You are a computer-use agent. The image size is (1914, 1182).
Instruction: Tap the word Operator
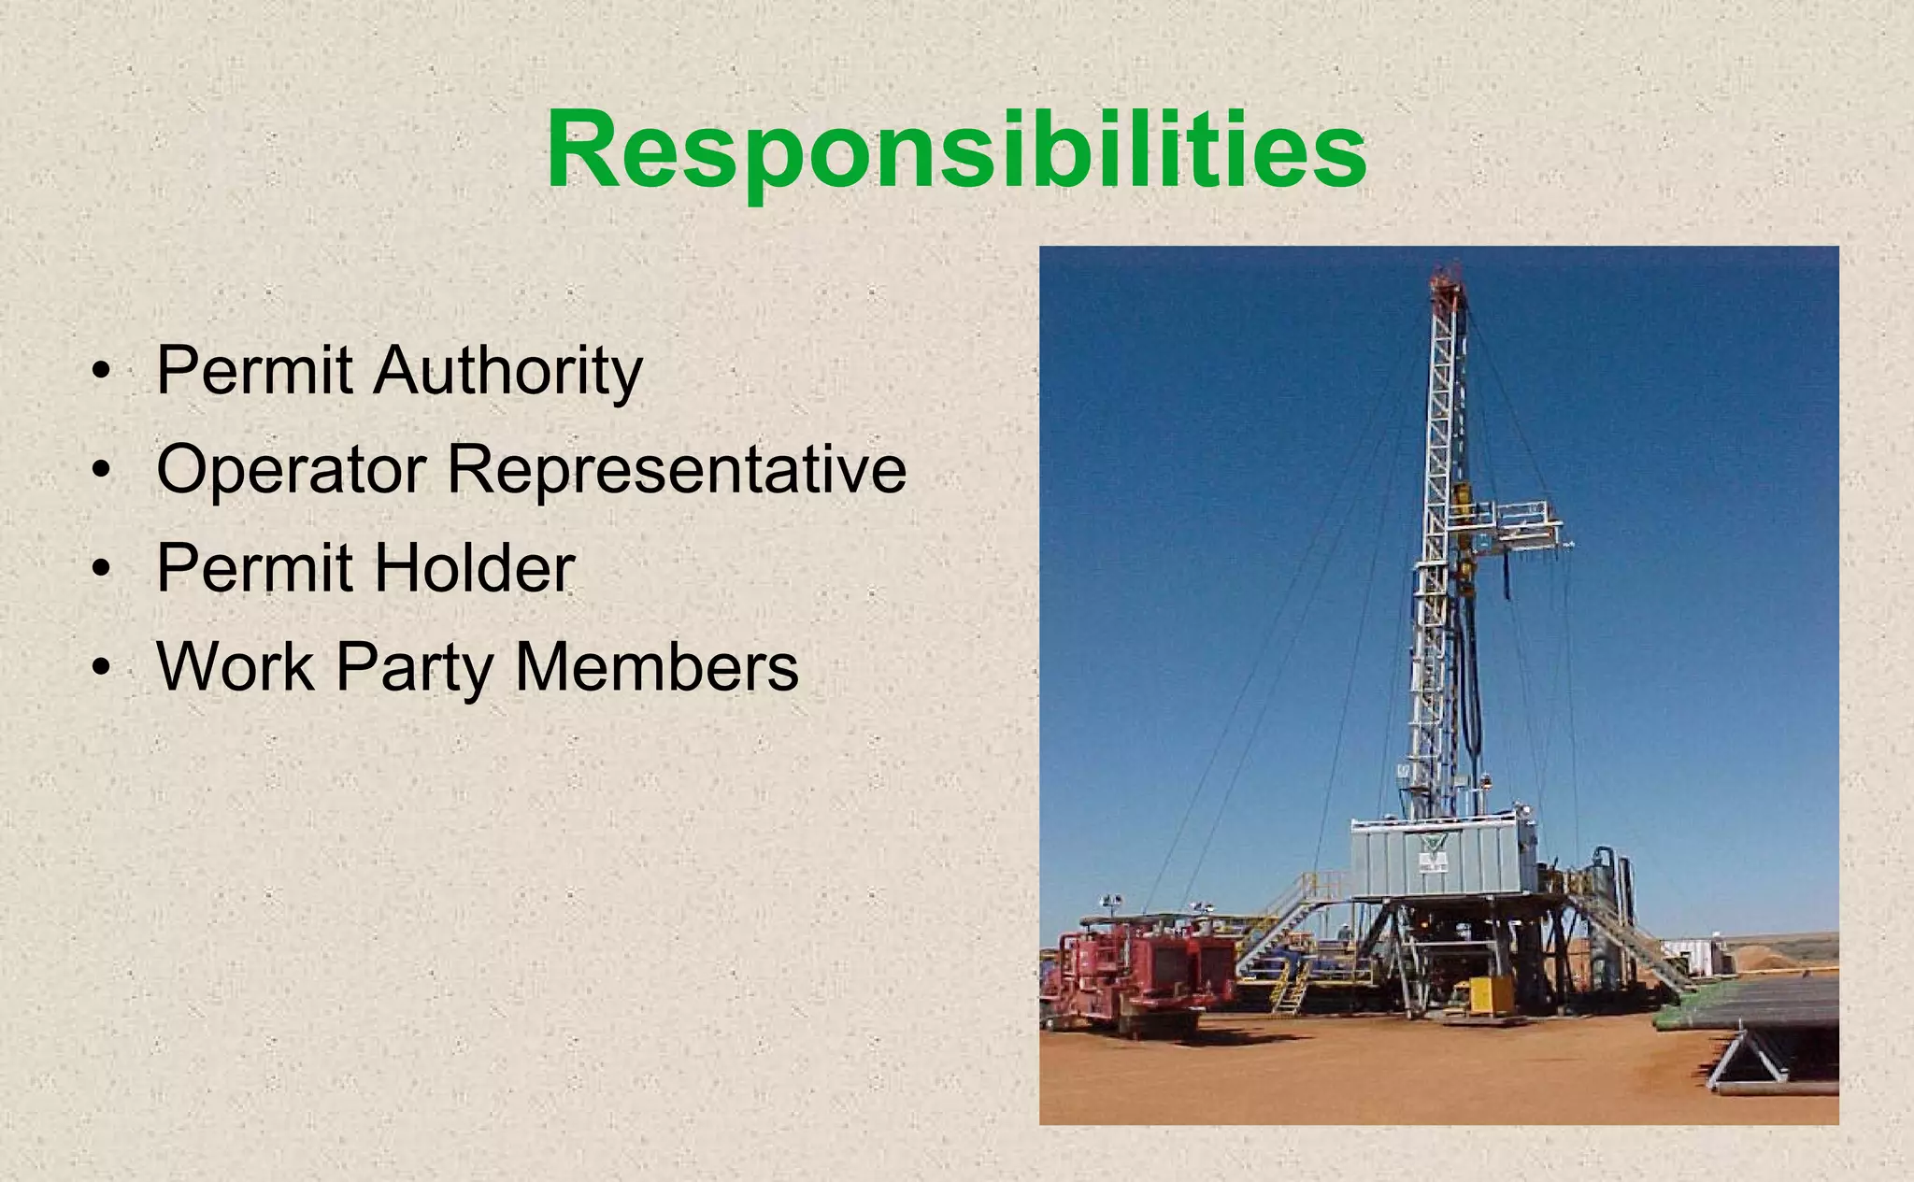point(291,469)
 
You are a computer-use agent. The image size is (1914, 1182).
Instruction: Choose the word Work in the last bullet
point(235,666)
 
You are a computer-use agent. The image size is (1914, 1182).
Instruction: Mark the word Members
point(656,666)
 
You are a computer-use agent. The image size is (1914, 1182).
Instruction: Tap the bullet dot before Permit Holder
point(101,570)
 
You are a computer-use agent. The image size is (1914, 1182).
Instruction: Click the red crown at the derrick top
point(1448,278)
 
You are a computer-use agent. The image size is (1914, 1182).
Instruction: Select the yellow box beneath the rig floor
point(1492,994)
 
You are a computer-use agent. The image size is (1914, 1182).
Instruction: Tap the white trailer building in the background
point(1700,955)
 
